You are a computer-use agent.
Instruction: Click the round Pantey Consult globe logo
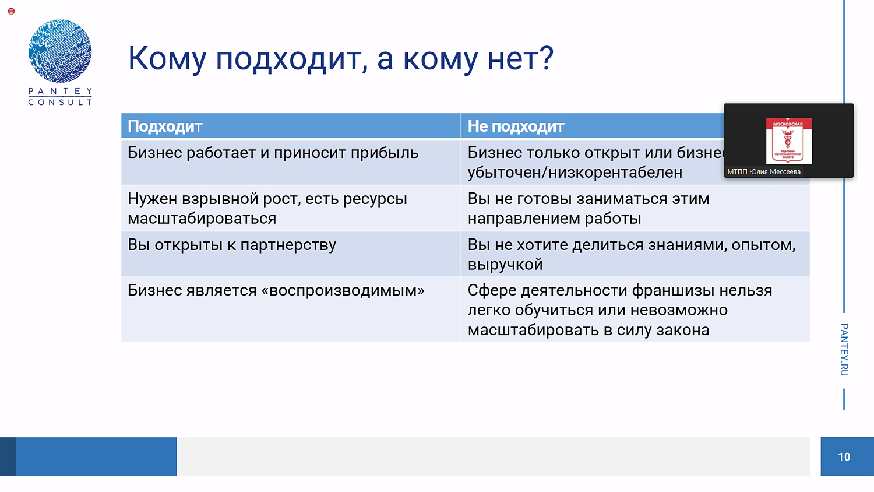[60, 51]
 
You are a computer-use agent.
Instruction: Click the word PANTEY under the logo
[60, 92]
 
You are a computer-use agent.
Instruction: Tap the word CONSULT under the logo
[60, 103]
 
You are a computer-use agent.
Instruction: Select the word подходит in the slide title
[288, 59]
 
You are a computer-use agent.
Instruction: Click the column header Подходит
[165, 126]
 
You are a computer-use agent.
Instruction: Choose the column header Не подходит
[516, 126]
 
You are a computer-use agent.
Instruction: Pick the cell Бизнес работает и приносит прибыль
[273, 153]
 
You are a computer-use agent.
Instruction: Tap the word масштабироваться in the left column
[202, 219]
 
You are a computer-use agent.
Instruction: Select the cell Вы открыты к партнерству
[232, 245]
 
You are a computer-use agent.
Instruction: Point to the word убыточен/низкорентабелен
[575, 173]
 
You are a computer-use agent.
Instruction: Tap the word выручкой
[505, 265]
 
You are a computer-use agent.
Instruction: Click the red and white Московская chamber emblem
[788, 140]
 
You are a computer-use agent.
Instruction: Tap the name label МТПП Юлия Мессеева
[763, 172]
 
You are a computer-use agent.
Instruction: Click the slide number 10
[844, 457]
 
